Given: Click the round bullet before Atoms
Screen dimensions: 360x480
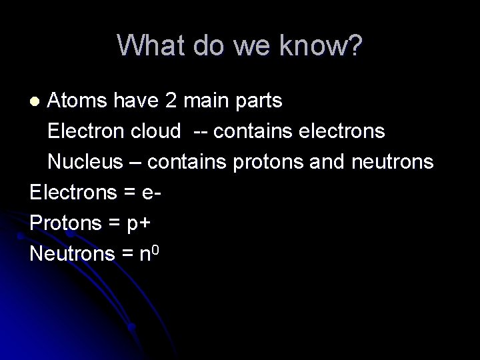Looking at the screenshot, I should coord(37,102).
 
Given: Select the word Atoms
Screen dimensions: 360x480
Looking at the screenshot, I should coord(75,101).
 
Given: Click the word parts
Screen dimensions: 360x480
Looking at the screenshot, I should coord(258,102).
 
